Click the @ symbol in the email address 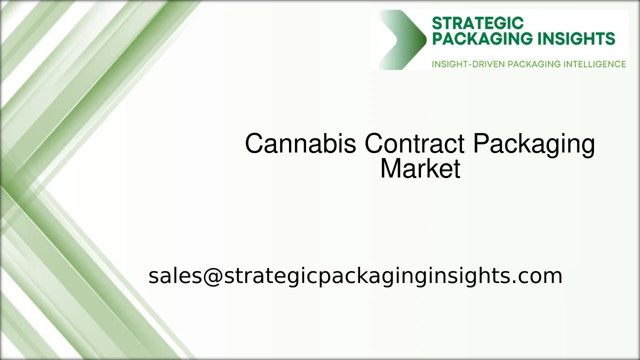tap(212, 276)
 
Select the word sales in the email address tap(174, 276)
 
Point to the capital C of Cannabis tap(254, 144)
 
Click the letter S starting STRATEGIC tap(436, 23)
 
